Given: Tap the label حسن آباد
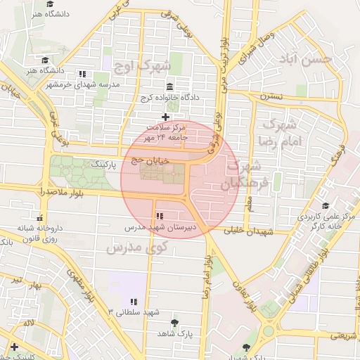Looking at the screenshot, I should click(305, 60).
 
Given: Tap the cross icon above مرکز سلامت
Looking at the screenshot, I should click(165, 117).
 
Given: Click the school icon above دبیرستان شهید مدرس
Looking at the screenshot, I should click(160, 215).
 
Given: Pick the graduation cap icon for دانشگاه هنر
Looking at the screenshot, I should click(45, 60).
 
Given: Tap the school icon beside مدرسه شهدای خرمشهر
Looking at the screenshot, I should click(82, 74).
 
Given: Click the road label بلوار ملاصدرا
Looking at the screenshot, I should click(23, 191).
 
